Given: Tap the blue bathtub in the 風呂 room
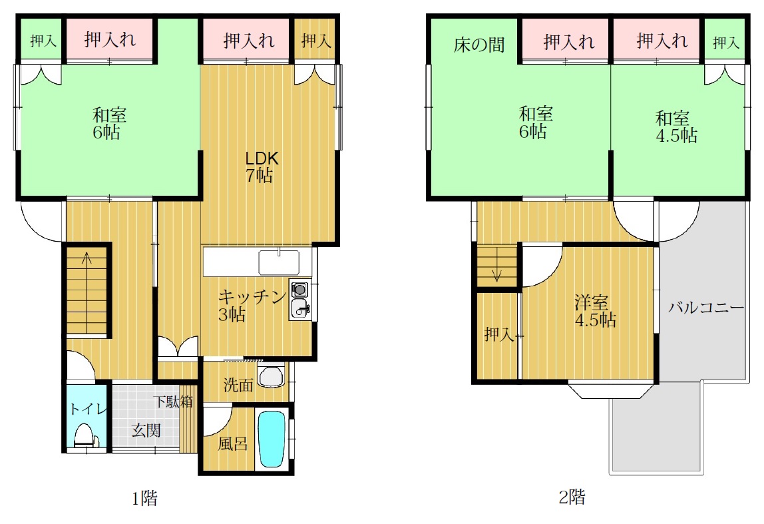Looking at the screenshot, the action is (x=270, y=439).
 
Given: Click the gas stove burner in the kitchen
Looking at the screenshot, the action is (x=299, y=290).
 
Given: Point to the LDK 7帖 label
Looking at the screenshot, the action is (x=261, y=166).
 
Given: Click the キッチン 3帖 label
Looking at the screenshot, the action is (x=251, y=306).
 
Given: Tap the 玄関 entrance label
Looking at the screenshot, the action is (x=146, y=430).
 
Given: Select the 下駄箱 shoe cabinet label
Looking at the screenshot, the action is (x=174, y=401).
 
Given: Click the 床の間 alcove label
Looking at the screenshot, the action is (x=478, y=45).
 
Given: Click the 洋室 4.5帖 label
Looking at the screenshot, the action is (x=595, y=311).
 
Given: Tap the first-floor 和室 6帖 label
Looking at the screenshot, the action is (x=108, y=124).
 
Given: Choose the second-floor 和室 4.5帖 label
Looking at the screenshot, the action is (x=675, y=127).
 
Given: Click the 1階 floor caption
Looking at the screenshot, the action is (x=144, y=498).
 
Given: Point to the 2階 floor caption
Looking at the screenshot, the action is (x=572, y=497).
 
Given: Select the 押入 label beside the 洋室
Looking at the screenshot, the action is (x=498, y=334).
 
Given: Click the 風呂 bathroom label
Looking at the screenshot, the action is (x=232, y=443).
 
